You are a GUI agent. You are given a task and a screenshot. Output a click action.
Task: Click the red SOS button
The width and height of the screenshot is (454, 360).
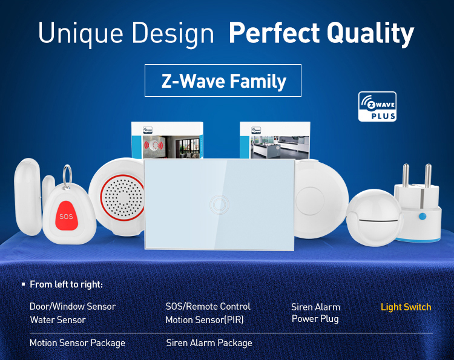67,215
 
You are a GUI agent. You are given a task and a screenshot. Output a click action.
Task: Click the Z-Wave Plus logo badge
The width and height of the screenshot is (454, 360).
377,106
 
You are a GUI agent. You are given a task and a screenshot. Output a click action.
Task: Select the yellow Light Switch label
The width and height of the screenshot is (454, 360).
406,307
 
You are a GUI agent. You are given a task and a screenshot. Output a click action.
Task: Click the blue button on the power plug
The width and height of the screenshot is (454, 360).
423,216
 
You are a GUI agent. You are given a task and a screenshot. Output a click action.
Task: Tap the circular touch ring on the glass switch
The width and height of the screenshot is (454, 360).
220,205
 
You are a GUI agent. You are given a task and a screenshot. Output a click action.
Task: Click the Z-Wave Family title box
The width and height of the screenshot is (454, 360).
223,80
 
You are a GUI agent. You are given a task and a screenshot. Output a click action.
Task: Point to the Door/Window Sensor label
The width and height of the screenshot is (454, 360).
73,306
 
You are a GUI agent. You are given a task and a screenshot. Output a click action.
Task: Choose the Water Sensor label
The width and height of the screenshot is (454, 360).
58,320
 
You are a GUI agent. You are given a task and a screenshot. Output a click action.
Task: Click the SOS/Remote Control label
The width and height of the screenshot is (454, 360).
208,306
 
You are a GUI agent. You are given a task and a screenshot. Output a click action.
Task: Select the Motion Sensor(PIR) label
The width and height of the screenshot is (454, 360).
205,320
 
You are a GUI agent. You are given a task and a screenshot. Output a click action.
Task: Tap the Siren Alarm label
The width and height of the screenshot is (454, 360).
315,307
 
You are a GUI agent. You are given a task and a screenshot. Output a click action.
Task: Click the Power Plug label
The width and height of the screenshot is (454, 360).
315,319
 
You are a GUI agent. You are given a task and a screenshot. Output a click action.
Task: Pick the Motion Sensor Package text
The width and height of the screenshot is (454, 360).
77,343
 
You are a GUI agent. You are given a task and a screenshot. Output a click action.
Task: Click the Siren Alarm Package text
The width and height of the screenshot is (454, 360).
209,343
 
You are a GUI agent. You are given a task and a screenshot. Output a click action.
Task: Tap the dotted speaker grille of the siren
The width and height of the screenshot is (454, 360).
123,198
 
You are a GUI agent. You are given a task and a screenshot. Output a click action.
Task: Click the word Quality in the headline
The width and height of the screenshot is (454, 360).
370,33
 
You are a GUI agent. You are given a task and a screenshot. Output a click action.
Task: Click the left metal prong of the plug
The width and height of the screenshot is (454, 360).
406,175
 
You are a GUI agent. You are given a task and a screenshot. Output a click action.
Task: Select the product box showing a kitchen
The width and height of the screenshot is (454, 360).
275,140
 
